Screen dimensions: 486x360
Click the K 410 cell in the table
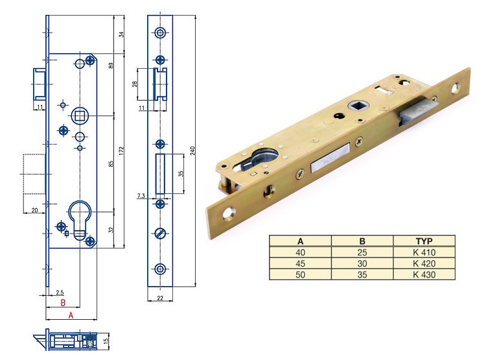424,252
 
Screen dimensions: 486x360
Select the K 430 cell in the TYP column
424,274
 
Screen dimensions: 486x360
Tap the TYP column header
424,241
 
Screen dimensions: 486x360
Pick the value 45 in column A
300,263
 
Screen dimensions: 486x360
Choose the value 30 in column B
362,263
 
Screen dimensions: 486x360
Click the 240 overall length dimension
193,151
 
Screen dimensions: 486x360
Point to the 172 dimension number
122,151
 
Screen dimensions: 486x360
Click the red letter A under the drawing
71,315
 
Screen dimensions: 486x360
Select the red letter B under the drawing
63,302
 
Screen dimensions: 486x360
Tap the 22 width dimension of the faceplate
160,298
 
